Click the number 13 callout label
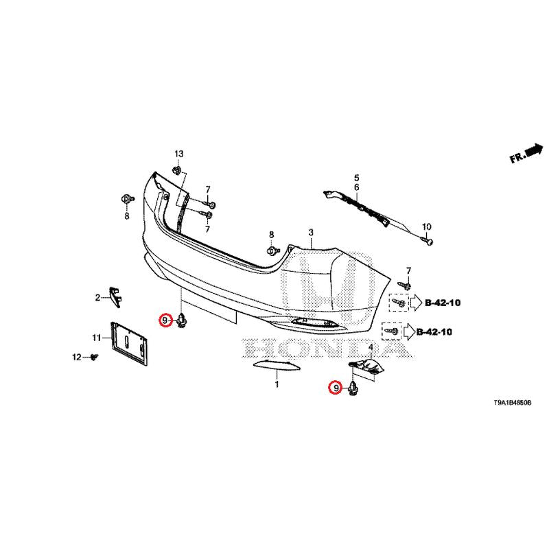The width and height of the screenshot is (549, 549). pyautogui.click(x=178, y=152)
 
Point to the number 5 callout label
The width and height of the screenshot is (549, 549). pyautogui.click(x=357, y=178)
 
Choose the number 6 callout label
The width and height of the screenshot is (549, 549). pyautogui.click(x=357, y=187)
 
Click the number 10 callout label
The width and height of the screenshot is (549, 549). pyautogui.click(x=425, y=226)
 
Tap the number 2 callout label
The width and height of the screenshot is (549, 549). pyautogui.click(x=97, y=297)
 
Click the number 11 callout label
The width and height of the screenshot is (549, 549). pyautogui.click(x=97, y=337)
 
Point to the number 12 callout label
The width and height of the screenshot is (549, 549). pyautogui.click(x=77, y=357)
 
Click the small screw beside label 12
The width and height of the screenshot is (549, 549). pyautogui.click(x=95, y=357)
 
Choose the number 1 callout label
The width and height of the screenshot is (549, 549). pyautogui.click(x=277, y=386)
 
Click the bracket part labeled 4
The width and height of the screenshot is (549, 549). pyautogui.click(x=369, y=369)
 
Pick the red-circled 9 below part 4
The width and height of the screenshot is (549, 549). pyautogui.click(x=336, y=388)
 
